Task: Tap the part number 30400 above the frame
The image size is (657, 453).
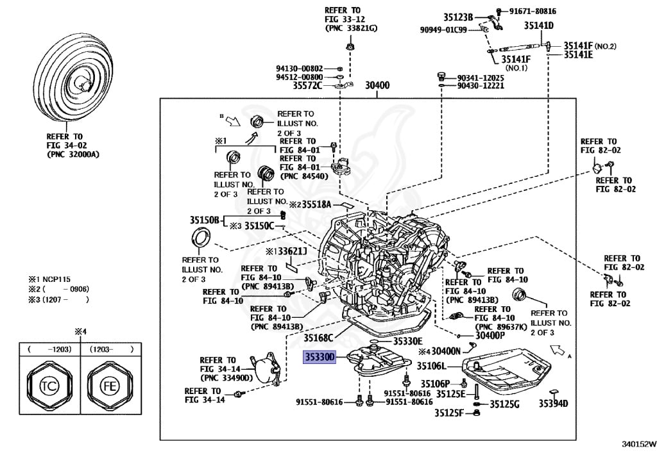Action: click(377, 85)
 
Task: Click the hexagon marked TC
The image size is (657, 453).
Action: click(47, 388)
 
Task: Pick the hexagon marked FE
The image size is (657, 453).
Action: click(107, 388)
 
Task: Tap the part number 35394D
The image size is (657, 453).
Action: click(554, 404)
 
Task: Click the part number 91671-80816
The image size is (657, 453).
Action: click(533, 11)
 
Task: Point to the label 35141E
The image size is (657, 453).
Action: click(579, 55)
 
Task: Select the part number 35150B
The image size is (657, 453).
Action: click(205, 219)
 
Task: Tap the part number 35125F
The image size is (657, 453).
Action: click(448, 413)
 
